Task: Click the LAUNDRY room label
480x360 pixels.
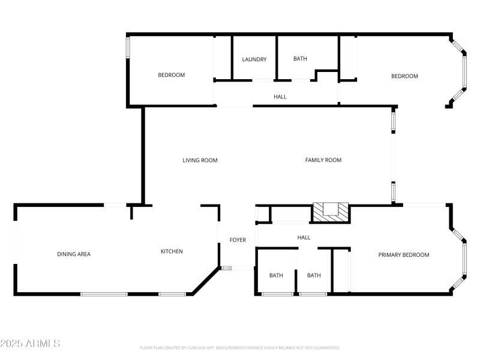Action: click(254, 59)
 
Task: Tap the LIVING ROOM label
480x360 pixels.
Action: click(200, 160)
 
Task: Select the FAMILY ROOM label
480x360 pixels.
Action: click(323, 160)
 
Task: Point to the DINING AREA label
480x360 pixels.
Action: click(74, 254)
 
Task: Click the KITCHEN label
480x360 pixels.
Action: click(172, 251)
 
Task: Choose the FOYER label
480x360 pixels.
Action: click(238, 240)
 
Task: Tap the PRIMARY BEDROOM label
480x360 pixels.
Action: click(404, 255)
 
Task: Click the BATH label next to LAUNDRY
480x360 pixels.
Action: click(300, 59)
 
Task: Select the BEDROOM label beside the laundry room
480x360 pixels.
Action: click(172, 75)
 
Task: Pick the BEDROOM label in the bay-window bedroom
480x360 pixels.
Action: click(404, 76)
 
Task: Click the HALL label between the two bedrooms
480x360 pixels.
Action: click(280, 97)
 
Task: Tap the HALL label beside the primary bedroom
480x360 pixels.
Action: click(304, 238)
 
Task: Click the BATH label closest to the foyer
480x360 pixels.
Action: click(276, 275)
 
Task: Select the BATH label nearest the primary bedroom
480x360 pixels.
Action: click(314, 275)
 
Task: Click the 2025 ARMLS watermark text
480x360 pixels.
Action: click(30, 344)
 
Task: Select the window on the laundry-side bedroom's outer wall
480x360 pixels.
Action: click(127, 49)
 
